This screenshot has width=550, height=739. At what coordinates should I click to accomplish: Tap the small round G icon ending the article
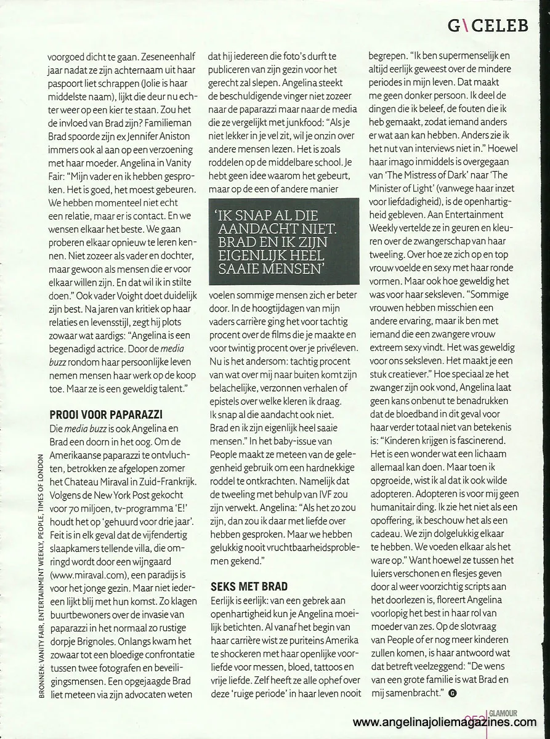453,694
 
